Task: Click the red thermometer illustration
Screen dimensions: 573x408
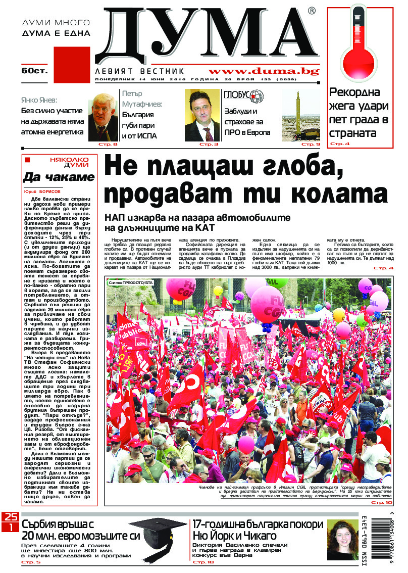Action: click(x=360, y=46)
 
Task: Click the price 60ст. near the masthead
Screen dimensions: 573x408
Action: click(x=34, y=71)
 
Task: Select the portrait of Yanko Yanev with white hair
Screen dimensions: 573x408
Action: click(x=103, y=117)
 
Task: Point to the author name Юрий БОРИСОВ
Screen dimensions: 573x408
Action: click(x=42, y=192)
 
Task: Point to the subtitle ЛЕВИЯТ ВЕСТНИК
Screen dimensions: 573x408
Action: click(x=140, y=71)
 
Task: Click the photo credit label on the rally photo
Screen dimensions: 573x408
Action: click(x=130, y=282)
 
